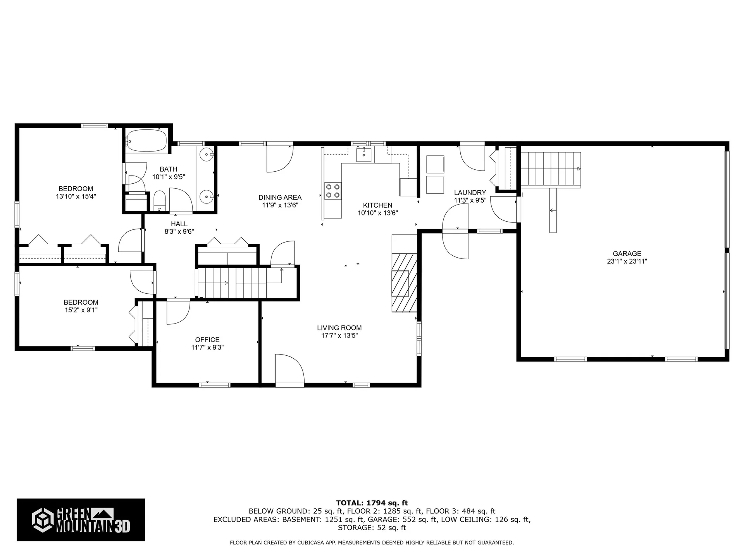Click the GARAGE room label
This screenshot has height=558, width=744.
[x=627, y=254]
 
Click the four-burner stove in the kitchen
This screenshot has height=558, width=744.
[x=332, y=191]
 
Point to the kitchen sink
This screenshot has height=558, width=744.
[x=364, y=155]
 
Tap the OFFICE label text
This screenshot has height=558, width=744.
[x=207, y=340]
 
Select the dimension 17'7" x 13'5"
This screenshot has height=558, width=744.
[x=339, y=336]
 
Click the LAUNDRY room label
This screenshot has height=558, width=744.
[x=470, y=193]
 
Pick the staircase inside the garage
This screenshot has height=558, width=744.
[x=550, y=169]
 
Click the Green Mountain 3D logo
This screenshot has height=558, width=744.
[x=81, y=520]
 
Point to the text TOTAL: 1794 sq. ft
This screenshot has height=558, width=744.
[x=372, y=503]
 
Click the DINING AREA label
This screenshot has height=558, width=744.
[x=280, y=198]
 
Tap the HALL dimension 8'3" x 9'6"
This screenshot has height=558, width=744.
[x=179, y=232]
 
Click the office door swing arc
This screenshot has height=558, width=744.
[x=178, y=312]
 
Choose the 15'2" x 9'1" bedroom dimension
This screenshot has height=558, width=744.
[x=81, y=310]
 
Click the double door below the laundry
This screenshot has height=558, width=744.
[x=455, y=232]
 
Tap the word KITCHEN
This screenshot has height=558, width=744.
[x=377, y=205]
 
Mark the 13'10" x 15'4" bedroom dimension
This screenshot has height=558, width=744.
[x=76, y=196]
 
